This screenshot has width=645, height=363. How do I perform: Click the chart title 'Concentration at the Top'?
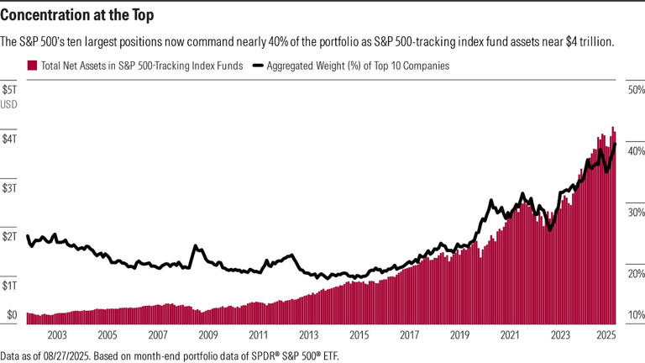[77, 15]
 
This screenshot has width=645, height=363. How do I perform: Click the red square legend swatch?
[32, 65]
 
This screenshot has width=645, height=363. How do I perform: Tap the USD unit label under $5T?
[10, 103]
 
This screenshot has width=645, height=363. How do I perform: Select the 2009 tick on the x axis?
[207, 334]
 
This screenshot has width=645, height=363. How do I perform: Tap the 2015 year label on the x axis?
[359, 334]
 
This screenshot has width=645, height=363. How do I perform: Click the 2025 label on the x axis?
[608, 334]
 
